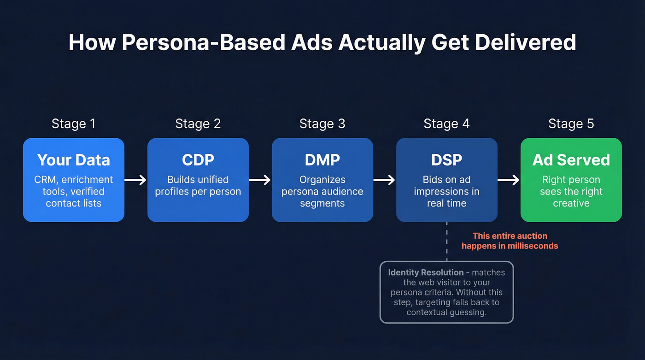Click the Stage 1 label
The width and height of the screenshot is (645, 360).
point(73,124)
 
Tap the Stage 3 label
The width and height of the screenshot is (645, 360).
point(322,124)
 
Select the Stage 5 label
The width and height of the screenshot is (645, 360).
point(571,124)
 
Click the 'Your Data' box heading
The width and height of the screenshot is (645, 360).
point(73,160)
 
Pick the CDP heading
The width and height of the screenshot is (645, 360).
point(198,160)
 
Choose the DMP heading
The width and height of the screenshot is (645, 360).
point(322,160)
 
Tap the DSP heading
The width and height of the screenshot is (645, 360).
point(446,160)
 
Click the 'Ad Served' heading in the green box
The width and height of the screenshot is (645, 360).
point(571,160)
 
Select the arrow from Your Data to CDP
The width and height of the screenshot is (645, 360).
point(135,180)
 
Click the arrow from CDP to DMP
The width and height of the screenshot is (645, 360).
point(260,180)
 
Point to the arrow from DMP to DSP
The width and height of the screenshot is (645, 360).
point(384,180)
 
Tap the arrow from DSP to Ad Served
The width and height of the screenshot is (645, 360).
point(509,180)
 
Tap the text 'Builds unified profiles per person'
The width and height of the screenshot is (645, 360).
point(198,185)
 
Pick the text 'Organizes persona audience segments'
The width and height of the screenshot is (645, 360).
point(322,191)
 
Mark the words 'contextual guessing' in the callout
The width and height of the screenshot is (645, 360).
point(446,313)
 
